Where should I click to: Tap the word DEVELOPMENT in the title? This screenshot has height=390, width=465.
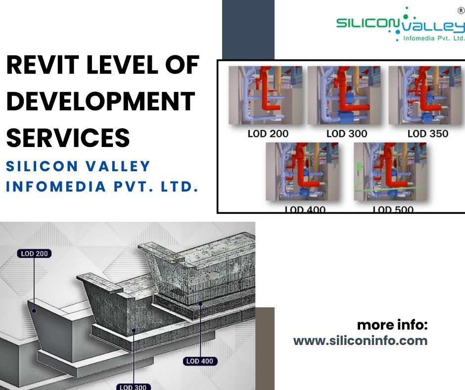click(100, 101)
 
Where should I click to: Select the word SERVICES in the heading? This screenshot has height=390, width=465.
click(68, 137)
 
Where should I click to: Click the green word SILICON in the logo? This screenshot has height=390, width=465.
click(364, 24)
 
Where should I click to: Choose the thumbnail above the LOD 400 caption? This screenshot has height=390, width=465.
click(302, 172)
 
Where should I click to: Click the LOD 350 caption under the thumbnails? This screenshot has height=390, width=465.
click(428, 133)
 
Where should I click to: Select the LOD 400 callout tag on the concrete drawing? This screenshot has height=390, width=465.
click(199, 361)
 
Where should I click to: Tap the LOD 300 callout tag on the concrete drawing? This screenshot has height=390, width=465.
click(133, 387)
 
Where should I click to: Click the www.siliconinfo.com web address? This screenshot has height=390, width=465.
click(360, 341)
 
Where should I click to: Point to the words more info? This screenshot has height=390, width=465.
click(392, 325)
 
